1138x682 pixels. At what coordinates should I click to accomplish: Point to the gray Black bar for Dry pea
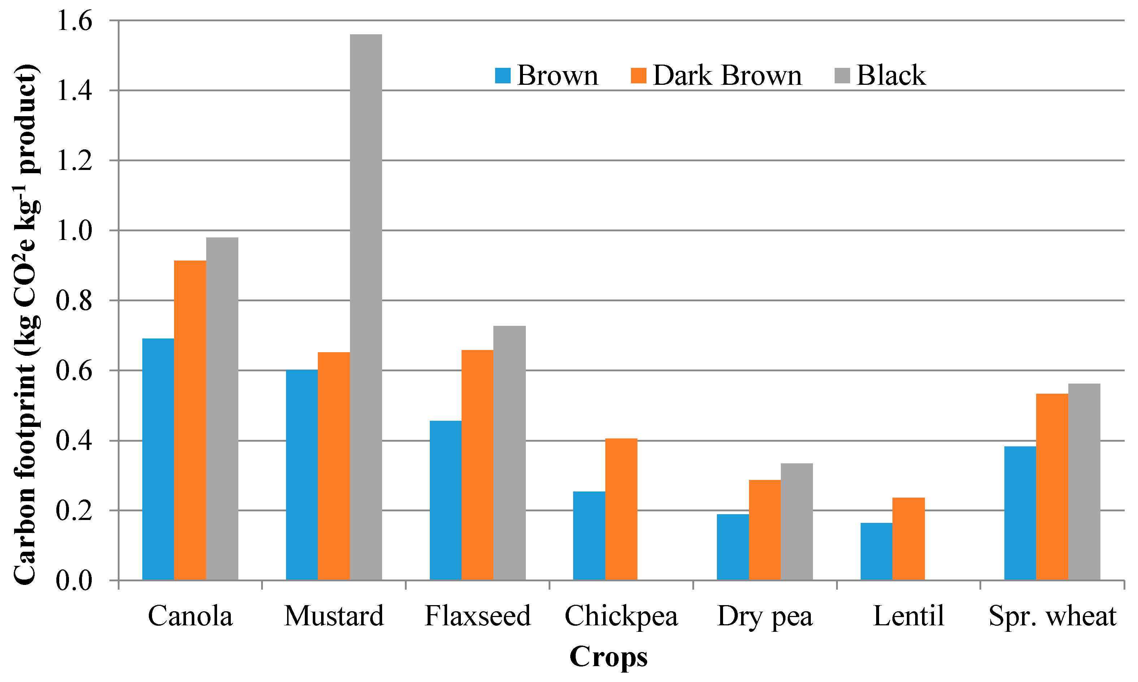[797, 522]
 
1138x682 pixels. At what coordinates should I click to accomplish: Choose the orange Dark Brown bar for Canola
[190, 420]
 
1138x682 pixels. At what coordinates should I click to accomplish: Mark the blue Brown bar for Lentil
[876, 551]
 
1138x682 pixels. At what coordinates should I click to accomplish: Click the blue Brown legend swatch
[503, 75]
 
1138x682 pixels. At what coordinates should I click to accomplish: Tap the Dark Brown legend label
[727, 75]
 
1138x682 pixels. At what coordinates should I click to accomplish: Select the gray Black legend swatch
[842, 75]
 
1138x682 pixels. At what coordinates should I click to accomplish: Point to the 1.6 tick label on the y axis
[74, 21]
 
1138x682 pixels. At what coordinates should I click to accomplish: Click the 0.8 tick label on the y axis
[74, 301]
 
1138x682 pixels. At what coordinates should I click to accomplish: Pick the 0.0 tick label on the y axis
[74, 581]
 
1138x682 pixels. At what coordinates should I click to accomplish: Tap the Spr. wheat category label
[1052, 616]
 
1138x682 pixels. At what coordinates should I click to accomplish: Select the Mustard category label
[334, 616]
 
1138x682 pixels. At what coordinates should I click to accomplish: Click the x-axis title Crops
[608, 657]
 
